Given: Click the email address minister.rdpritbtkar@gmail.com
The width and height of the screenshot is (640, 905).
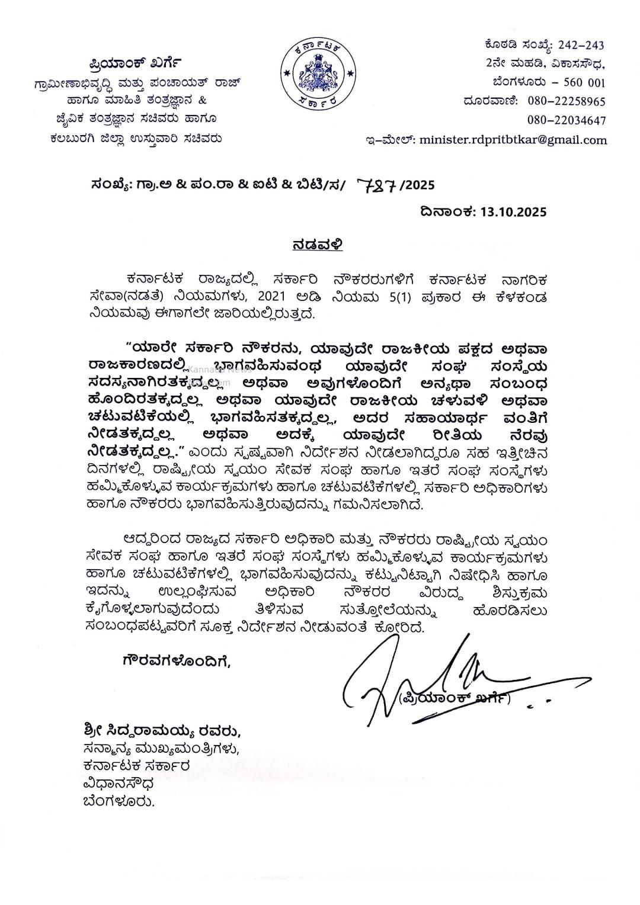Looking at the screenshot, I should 513,140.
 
